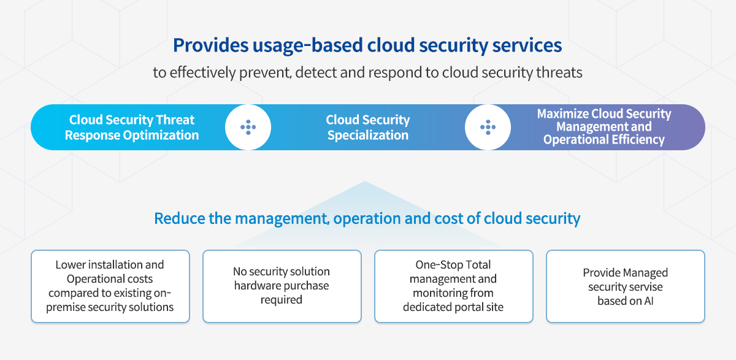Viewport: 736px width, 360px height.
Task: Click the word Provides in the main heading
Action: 210,45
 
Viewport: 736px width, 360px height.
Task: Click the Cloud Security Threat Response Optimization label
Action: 132,128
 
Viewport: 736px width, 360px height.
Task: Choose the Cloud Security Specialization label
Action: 367,128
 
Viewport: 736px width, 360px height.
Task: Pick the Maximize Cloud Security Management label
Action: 604,126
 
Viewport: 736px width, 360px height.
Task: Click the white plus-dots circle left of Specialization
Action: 248,127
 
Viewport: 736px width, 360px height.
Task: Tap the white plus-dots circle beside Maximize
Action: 488,127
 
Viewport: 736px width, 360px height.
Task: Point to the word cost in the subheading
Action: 448,218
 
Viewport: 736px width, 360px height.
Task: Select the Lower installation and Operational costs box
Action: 110,286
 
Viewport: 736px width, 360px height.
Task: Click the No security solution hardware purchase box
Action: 282,286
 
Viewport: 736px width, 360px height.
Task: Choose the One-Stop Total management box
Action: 454,286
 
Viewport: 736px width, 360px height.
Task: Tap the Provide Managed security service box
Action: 626,286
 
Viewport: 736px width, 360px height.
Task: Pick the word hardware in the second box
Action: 255,286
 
